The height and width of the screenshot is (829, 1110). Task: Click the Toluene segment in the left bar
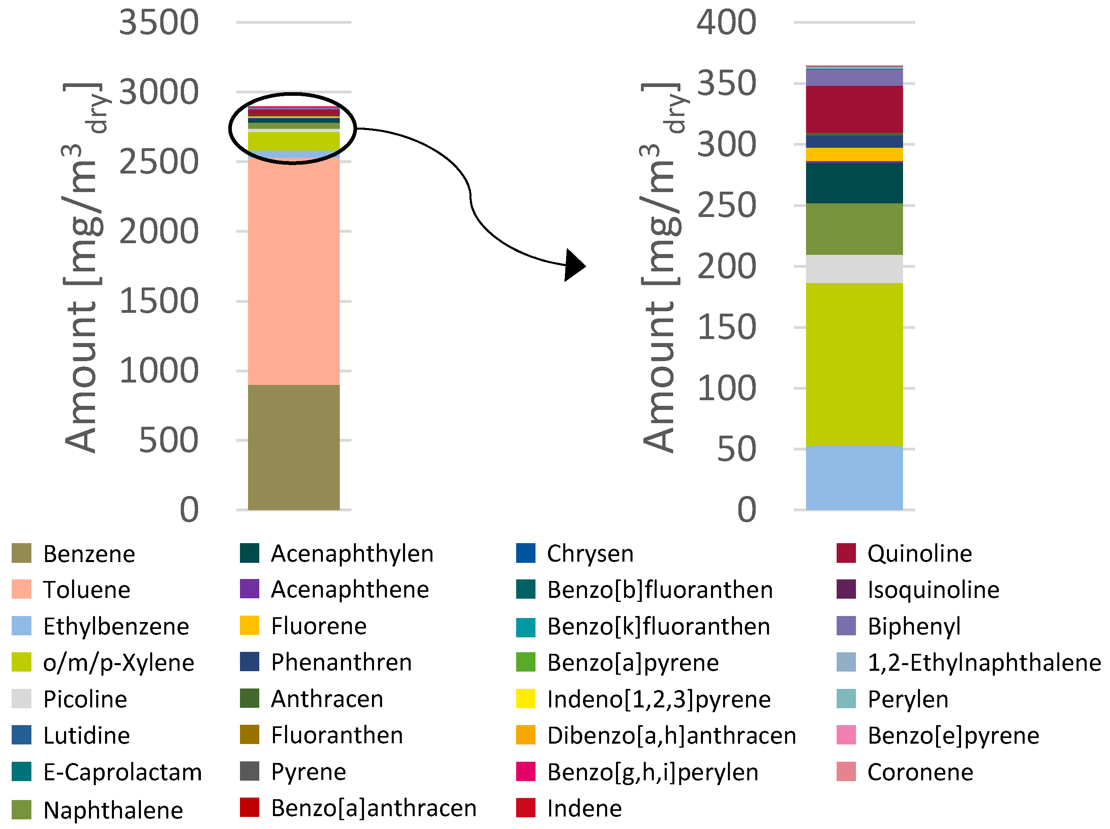tap(294, 271)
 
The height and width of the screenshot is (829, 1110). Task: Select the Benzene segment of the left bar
tap(294, 447)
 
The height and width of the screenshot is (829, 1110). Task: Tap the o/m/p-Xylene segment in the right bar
tap(854, 364)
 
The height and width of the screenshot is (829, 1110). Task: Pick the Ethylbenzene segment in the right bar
tap(854, 478)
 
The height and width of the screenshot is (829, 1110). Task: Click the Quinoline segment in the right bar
tap(854, 110)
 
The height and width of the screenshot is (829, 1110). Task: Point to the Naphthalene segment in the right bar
tap(854, 229)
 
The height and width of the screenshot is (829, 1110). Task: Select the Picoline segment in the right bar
tap(854, 269)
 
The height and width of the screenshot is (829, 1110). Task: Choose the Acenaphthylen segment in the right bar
tap(854, 183)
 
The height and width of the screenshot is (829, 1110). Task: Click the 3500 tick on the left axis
tap(159, 23)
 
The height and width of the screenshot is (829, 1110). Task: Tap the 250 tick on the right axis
tap(726, 206)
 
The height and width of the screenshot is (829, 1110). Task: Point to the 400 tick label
tap(726, 23)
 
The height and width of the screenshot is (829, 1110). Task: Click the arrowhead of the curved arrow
tap(574, 265)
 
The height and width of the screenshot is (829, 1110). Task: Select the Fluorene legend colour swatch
tap(249, 626)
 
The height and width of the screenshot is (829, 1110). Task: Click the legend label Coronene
tap(920, 772)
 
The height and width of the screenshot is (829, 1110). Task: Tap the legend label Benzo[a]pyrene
tap(633, 662)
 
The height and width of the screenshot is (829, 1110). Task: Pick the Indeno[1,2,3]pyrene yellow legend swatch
tap(525, 699)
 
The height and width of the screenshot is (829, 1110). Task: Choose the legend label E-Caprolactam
tap(122, 772)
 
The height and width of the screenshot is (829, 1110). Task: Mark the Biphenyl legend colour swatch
tap(846, 626)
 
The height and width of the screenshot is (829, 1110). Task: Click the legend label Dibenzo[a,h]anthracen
tap(672, 735)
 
